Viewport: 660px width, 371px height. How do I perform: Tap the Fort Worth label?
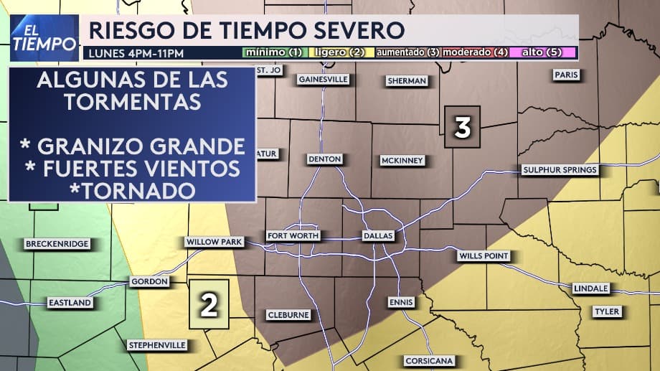293,235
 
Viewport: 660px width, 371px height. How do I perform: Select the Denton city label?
324,159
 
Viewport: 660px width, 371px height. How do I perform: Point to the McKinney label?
402,160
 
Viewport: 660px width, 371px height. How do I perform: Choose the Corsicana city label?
428,360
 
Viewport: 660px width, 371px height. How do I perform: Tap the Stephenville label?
157,345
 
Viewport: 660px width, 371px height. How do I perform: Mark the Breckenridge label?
57,244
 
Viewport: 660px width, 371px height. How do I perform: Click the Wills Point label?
484,256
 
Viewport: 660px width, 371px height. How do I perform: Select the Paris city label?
566,75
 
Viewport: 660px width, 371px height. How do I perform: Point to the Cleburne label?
288,315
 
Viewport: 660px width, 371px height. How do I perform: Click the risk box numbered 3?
462,128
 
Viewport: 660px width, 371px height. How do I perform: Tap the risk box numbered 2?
209,304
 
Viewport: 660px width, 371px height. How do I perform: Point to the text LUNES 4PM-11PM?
136,53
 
